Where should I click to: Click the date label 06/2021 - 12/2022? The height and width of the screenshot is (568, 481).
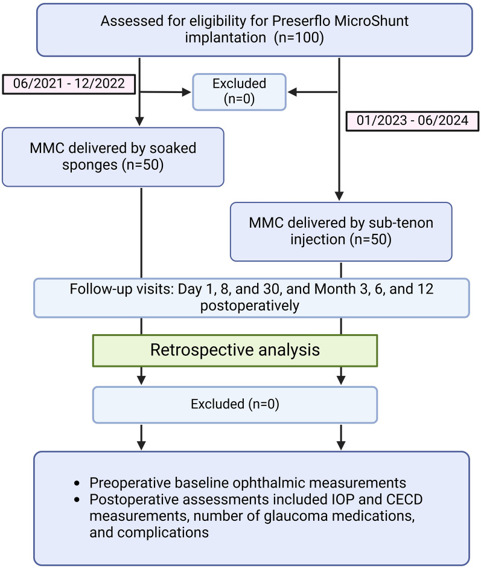coord(68,84)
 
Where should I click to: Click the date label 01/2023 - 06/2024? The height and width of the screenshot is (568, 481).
coord(411,120)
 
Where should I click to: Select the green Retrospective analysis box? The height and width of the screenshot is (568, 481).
coord(234,350)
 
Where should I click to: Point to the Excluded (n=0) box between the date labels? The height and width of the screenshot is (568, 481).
coord(240,92)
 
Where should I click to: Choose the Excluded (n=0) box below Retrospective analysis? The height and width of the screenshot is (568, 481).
coord(235,404)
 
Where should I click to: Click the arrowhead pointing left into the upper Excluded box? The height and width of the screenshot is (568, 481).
coord(292,92)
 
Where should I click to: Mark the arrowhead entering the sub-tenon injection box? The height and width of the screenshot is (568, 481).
coord(340,196)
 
